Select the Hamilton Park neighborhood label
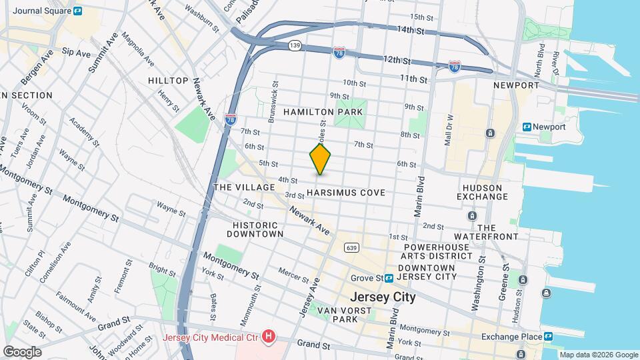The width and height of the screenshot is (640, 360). pos(323,112)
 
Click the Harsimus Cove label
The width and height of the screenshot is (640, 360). pos(346,193)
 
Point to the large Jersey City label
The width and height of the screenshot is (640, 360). pos(383,297)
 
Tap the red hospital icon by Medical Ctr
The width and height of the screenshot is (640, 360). pos(268,337)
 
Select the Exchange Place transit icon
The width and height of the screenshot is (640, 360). pos(548,337)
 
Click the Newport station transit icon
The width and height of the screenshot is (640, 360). pos(527,127)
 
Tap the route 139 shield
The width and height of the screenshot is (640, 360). pos(295,45)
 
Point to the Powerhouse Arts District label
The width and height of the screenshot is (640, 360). pos(437,251)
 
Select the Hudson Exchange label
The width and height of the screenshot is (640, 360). pos(482,191)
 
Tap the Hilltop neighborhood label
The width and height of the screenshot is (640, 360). pos(168,81)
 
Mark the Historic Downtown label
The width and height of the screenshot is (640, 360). pos(255,229)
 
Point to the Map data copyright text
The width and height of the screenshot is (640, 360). pos(597,355)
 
